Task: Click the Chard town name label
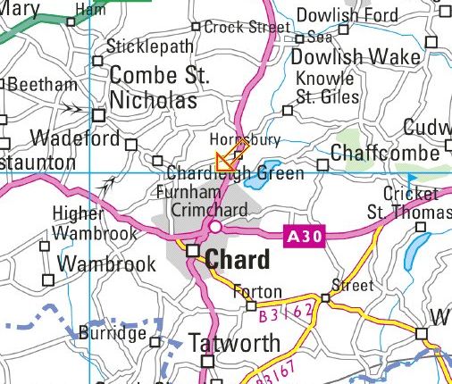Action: click(238, 261)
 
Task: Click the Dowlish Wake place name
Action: click(356, 57)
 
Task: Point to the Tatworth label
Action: click(235, 343)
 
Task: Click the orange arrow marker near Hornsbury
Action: click(229, 157)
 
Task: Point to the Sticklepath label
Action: click(148, 46)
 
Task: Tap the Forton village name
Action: click(257, 291)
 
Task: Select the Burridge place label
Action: click(112, 333)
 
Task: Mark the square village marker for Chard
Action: click(192, 253)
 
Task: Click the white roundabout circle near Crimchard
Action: click(215, 228)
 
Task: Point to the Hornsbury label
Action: click(244, 140)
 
